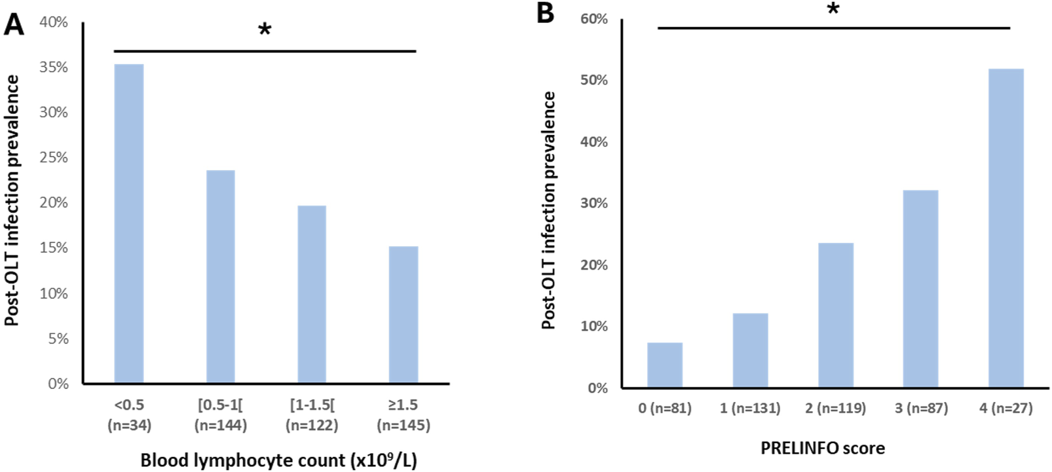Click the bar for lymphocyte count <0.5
click(x=129, y=223)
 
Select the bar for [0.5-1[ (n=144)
click(x=221, y=276)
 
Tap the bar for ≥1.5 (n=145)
click(x=404, y=314)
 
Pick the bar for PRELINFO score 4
click(x=1006, y=228)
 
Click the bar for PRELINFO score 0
click(x=665, y=365)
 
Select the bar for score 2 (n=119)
click(x=836, y=315)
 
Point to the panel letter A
click(x=14, y=25)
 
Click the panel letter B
click(x=545, y=13)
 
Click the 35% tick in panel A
click(x=54, y=67)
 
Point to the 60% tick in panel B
click(x=594, y=19)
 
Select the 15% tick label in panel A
click(x=54, y=248)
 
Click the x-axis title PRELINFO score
click(x=823, y=448)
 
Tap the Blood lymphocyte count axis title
click(x=278, y=460)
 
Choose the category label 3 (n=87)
click(x=921, y=408)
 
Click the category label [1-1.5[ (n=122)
click(x=312, y=415)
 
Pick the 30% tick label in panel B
click(x=594, y=204)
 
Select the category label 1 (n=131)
click(x=750, y=408)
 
